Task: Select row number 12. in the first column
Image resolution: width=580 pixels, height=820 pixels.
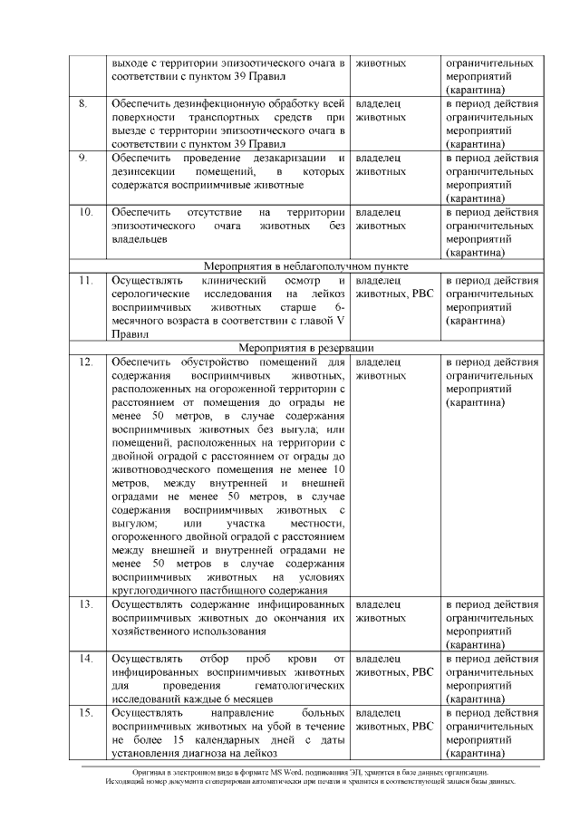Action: point(85,362)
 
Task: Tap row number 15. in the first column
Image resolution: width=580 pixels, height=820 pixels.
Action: point(85,713)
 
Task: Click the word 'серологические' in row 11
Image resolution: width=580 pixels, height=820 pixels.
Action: point(153,294)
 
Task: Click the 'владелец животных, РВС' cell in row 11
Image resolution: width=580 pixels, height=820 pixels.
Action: point(394,288)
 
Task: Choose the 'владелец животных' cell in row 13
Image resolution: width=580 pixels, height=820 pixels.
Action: point(380,610)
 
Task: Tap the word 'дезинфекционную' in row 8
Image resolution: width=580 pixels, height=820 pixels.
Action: point(237,104)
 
